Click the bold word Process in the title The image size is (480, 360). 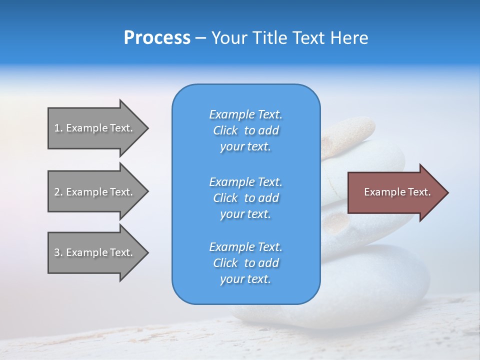(x=157, y=38)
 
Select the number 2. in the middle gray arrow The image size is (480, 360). (x=58, y=192)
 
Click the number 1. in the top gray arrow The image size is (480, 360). (x=58, y=128)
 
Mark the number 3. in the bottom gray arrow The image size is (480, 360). (x=58, y=252)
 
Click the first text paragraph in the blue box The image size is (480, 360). (x=245, y=130)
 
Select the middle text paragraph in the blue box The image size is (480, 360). (x=245, y=197)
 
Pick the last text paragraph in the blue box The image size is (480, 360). (x=245, y=263)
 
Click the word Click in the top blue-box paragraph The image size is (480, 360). (x=225, y=130)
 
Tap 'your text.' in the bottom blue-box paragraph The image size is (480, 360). (x=245, y=279)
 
